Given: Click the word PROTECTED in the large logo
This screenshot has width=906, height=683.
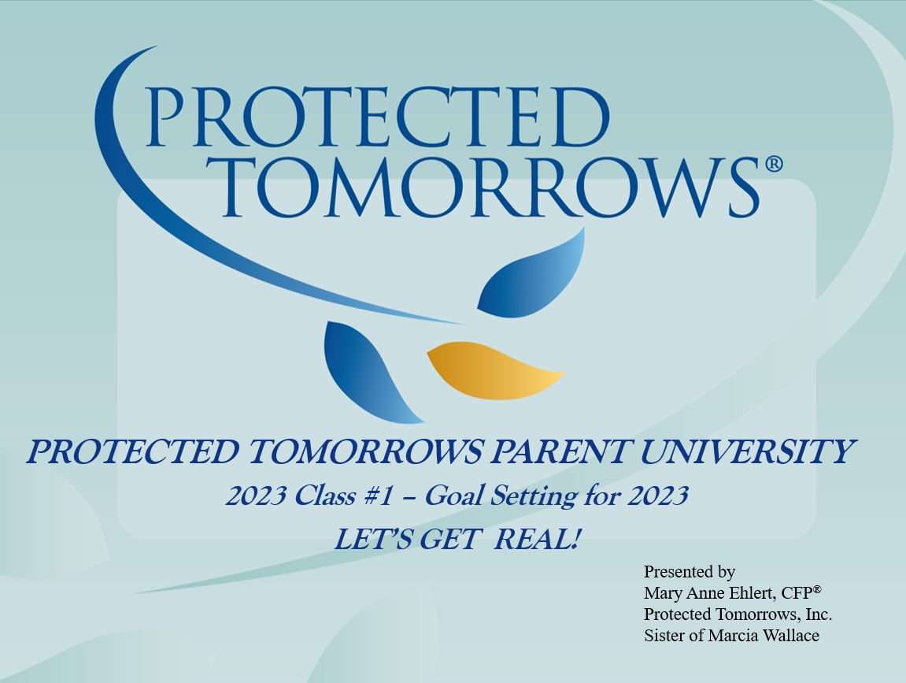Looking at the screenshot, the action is click(379, 117).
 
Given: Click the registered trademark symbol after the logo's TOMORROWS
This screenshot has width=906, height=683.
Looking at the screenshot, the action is click(774, 164).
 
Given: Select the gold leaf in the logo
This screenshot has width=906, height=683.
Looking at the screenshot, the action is click(495, 370).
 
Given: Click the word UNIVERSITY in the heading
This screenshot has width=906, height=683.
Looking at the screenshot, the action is click(747, 451).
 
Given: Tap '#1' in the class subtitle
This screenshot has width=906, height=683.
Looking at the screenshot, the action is click(379, 496).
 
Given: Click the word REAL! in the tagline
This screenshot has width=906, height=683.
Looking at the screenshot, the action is click(538, 539).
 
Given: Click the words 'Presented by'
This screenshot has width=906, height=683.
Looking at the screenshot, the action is click(690, 572).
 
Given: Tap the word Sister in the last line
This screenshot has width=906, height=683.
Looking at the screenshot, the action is click(664, 636).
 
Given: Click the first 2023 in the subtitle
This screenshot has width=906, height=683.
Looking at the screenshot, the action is click(256, 496).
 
